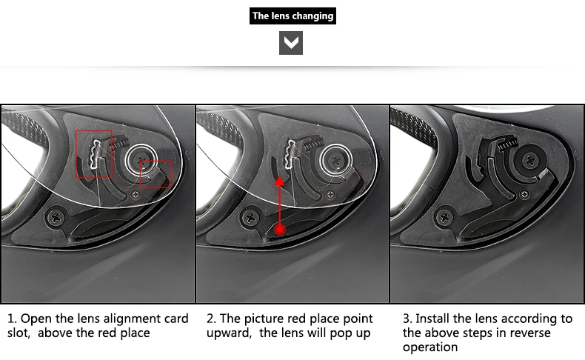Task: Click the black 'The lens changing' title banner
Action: (x=292, y=16)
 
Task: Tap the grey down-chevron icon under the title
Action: (x=291, y=43)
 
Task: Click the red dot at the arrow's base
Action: (x=280, y=230)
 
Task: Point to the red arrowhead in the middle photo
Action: (x=279, y=181)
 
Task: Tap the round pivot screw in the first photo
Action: (x=141, y=160)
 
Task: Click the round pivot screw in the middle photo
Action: (x=336, y=160)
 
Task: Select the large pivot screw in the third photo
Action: (x=529, y=161)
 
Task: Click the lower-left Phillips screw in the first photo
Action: (x=57, y=217)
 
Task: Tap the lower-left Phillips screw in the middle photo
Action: (x=251, y=217)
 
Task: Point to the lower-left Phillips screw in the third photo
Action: (x=445, y=217)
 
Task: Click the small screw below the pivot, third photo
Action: (x=525, y=194)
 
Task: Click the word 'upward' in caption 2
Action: (x=229, y=333)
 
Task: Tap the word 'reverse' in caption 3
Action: (x=529, y=333)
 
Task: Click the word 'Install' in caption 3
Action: (x=432, y=319)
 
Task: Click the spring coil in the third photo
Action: (x=508, y=142)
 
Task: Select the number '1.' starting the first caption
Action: (x=12, y=319)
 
